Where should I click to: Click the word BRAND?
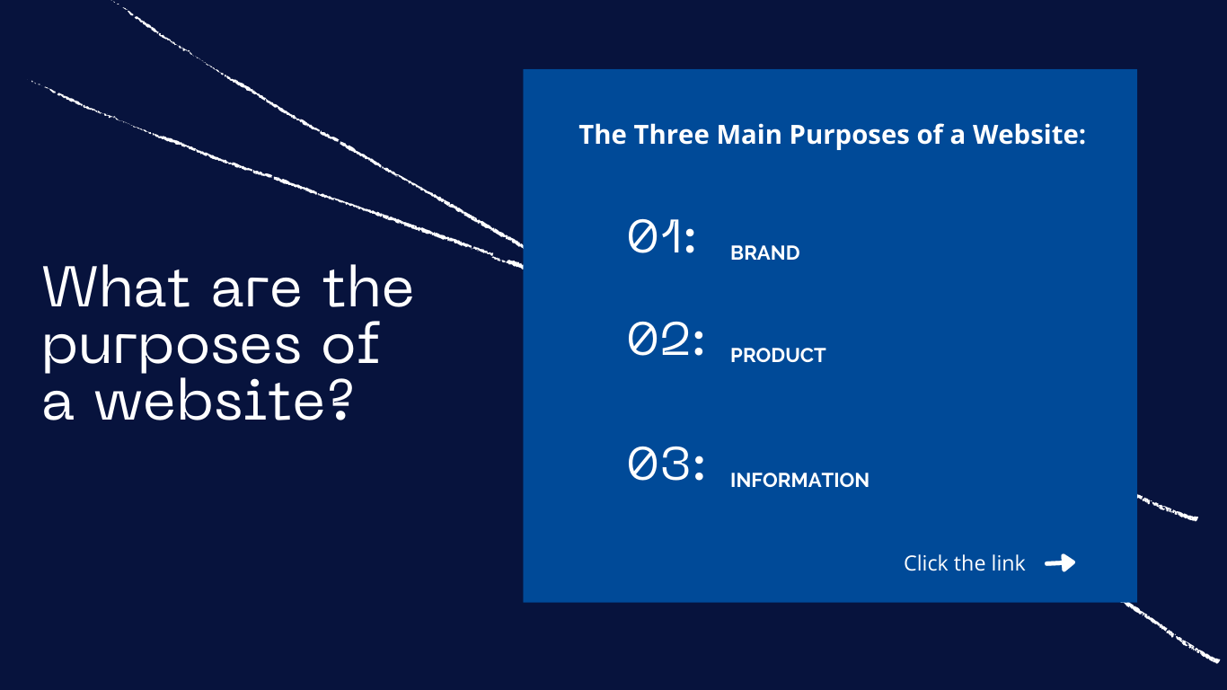pyautogui.click(x=764, y=252)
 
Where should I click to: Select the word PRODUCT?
pyautogui.click(x=778, y=355)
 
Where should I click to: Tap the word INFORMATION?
pyautogui.click(x=799, y=480)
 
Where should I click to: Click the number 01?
pyautogui.click(x=661, y=236)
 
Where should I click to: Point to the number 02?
pyautogui.click(x=666, y=339)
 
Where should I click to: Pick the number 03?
pyautogui.click(x=666, y=463)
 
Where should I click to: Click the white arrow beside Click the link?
pyautogui.click(x=1060, y=562)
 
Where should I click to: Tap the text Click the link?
pyautogui.click(x=964, y=562)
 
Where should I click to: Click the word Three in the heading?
pyautogui.click(x=671, y=134)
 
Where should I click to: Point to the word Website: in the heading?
pyautogui.click(x=1028, y=134)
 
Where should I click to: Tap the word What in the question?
pyautogui.click(x=116, y=287)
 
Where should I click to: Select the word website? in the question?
pyautogui.click(x=224, y=401)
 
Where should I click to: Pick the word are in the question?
pyautogui.click(x=256, y=292)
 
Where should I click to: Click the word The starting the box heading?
pyautogui.click(x=602, y=134)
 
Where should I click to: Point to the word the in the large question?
pyautogui.click(x=367, y=287)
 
